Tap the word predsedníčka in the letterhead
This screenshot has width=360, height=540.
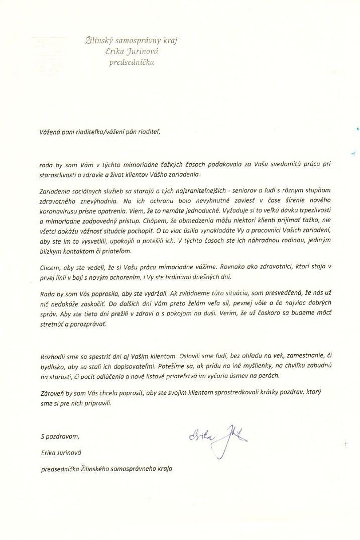tap(132, 63)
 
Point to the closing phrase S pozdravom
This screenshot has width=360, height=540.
tap(59, 437)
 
